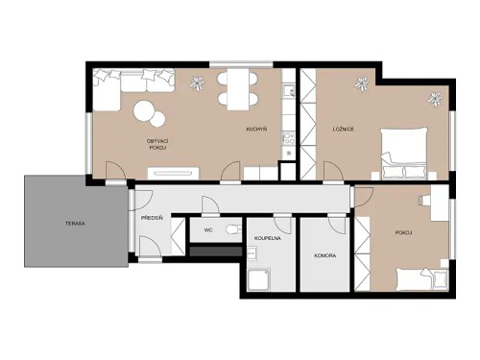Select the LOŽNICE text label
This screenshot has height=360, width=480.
click(345, 129)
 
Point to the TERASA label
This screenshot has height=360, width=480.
click(76, 223)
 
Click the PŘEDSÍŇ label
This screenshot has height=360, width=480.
click(151, 218)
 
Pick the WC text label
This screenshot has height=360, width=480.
click(207, 230)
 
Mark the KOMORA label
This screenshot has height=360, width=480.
click(324, 256)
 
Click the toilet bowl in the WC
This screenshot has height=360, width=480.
click(230, 229)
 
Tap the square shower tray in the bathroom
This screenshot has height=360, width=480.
click(260, 279)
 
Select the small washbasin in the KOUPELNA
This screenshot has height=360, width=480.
click(251, 253)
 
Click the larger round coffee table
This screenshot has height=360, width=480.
click(147, 112)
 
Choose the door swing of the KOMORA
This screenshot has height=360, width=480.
click(337, 225)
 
